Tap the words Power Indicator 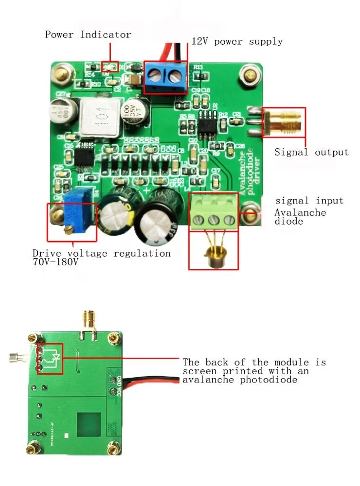88,35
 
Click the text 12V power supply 237,41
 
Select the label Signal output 311,152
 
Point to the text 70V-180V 55,262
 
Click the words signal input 309,200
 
